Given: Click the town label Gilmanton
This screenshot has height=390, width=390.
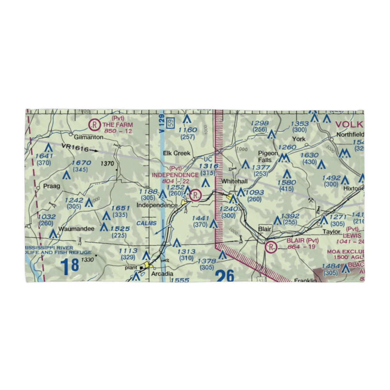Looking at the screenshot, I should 89,137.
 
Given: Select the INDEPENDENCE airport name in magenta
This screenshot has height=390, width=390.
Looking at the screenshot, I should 175,175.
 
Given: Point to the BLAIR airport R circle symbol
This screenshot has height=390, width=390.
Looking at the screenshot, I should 271,247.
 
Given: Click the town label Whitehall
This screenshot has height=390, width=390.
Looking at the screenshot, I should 234,182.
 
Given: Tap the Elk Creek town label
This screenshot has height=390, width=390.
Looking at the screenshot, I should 177,153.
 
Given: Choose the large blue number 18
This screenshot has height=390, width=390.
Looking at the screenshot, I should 70,266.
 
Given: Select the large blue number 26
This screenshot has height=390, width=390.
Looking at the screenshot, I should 225,276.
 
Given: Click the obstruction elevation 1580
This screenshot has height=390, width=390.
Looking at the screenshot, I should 286,183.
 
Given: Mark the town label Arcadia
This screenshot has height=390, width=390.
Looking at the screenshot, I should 162,274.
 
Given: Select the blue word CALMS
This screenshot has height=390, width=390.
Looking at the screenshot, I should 147,223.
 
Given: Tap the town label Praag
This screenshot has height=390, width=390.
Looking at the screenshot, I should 52,186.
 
